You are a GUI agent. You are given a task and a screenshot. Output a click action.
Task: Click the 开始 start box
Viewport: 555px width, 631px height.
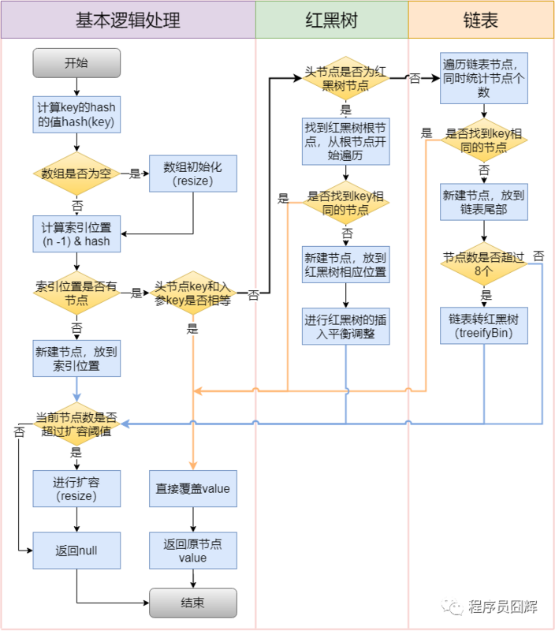point(76,63)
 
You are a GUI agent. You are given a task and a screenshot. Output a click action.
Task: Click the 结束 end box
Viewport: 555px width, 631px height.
point(193,603)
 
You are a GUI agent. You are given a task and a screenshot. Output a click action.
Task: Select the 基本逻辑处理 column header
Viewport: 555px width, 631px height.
point(128,21)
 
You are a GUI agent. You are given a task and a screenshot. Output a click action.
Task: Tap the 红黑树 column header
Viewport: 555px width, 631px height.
point(331,21)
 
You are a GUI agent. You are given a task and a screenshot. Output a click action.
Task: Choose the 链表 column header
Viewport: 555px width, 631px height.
point(481,21)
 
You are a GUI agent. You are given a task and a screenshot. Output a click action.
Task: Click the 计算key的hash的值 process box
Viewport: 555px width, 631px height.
point(76,114)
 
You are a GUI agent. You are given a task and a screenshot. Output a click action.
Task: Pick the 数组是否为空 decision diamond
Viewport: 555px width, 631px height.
point(76,174)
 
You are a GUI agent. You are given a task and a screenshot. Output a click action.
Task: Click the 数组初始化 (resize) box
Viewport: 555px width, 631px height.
point(193,174)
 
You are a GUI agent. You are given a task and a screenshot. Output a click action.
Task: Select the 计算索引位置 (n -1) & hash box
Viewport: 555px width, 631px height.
point(76,234)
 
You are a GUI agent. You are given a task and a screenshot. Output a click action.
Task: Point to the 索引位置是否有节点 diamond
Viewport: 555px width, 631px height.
point(76,293)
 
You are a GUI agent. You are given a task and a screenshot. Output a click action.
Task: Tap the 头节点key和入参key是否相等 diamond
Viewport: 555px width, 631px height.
point(193,293)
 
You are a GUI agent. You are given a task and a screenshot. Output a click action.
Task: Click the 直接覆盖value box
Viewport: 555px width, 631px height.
point(193,488)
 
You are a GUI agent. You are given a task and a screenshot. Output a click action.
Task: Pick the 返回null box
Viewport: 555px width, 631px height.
point(76,550)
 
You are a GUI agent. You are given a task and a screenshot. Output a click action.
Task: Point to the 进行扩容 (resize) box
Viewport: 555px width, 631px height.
point(76,488)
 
